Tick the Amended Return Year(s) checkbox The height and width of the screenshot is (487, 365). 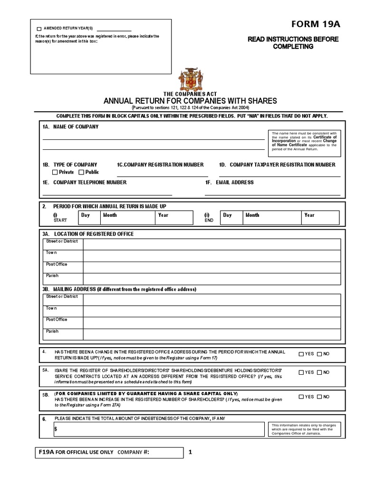pyautogui.click(x=39, y=29)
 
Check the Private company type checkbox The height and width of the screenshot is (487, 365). pyautogui.click(x=55, y=172)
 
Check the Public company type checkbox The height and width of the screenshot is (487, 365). pyautogui.click(x=81, y=172)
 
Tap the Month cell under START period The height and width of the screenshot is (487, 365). pyautogui.click(x=127, y=217)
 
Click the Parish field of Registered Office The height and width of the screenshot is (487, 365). pyautogui.click(x=211, y=279)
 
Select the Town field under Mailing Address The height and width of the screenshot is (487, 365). pyautogui.click(x=211, y=311)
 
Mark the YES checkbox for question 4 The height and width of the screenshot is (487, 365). pyautogui.click(x=302, y=354)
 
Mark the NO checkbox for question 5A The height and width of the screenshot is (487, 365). pyautogui.click(x=319, y=372)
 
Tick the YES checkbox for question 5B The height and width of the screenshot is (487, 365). pyautogui.click(x=302, y=397)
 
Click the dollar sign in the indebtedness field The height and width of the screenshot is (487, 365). pyautogui.click(x=56, y=429)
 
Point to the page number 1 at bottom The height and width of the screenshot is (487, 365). pyautogui.click(x=190, y=452)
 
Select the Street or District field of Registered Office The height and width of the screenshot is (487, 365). pyautogui.click(x=211, y=244)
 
